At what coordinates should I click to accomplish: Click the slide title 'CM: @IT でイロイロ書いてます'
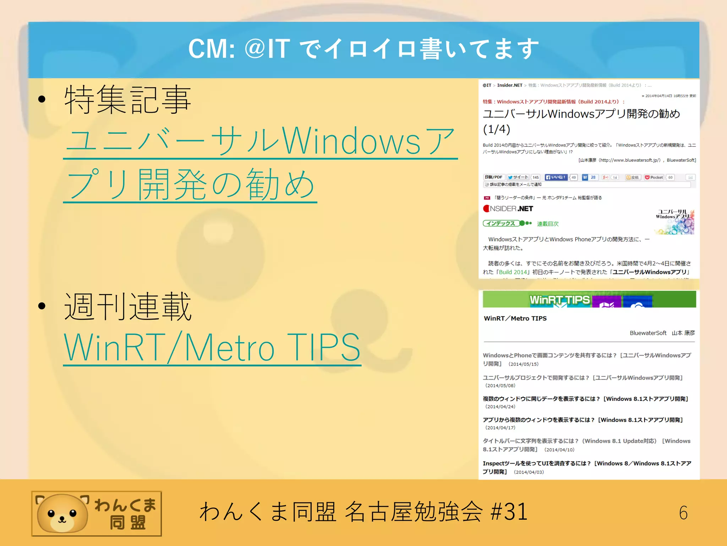363,49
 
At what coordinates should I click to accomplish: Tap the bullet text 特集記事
128,100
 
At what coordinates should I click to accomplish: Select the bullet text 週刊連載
128,306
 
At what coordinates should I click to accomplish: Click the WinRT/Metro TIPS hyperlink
212,347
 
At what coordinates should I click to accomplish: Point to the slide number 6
683,513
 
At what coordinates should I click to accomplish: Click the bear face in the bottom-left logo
62,514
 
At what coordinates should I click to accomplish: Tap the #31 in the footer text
509,512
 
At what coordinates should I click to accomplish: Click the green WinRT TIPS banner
589,299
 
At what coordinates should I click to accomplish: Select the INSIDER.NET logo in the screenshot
508,209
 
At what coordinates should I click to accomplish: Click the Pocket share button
654,177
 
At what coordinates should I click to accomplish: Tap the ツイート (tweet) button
518,177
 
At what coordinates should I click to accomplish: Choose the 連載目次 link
548,224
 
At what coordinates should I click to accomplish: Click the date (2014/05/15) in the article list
523,364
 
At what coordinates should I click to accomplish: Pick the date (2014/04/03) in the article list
529,472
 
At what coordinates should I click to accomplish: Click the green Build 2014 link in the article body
513,272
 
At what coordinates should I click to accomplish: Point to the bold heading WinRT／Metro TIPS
515,318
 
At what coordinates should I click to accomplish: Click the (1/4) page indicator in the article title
497,129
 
